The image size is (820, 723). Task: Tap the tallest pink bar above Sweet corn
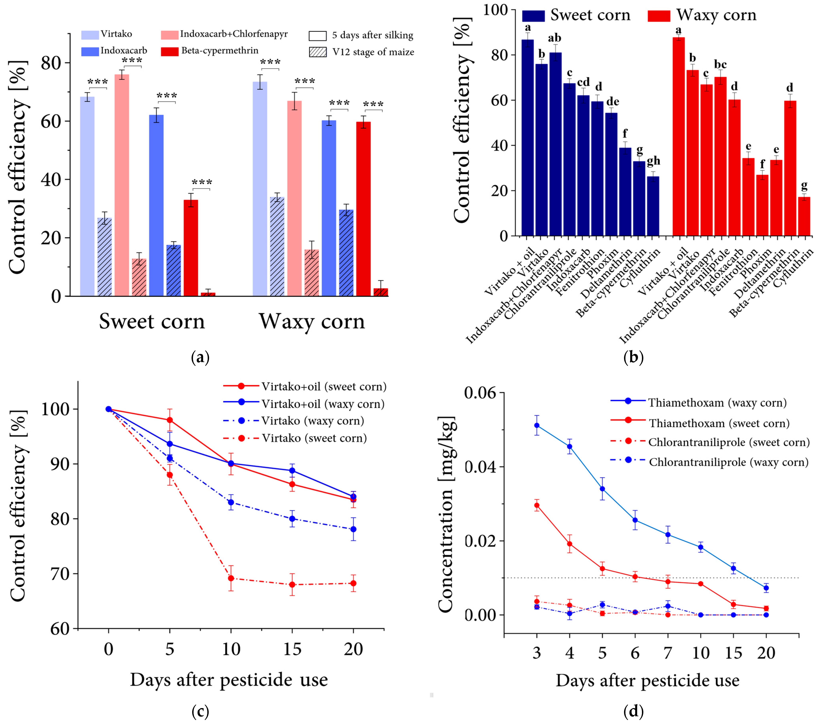[x=122, y=185]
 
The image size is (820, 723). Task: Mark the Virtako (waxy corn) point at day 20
[x=353, y=529]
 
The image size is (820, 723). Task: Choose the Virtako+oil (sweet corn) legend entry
[x=305, y=386]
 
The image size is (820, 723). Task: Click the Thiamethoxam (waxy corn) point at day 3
[x=537, y=425]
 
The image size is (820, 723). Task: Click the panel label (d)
[x=633, y=711]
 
